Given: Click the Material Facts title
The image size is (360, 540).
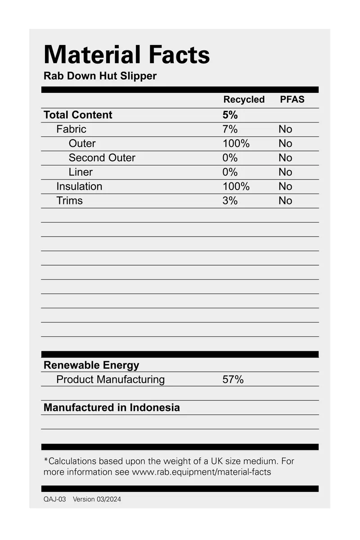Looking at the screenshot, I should tap(126, 55).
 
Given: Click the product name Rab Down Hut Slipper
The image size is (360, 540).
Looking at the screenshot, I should tap(100, 76).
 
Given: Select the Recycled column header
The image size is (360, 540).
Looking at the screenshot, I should tap(244, 100).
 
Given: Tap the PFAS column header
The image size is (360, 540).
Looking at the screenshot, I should tap(292, 100).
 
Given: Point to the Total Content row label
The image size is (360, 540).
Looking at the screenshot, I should tap(78, 115).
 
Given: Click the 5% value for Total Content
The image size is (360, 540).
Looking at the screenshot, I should tap(230, 115).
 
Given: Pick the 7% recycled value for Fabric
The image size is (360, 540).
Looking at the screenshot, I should tap(230, 129).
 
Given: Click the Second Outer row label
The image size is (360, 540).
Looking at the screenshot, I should tap(102, 158).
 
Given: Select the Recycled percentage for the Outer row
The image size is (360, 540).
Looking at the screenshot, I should tap(236, 144).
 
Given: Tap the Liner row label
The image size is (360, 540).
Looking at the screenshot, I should tap(81, 172).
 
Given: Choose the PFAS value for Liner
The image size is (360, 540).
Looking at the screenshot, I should tap(285, 172).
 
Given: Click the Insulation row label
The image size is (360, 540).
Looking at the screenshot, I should tap(79, 186).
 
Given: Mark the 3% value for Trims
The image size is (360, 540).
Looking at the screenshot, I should tap(230, 201).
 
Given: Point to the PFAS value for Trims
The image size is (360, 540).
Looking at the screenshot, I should tap(285, 201).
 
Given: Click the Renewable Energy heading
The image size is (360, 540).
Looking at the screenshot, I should tap(91, 365).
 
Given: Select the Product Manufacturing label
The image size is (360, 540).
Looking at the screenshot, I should tap(110, 380).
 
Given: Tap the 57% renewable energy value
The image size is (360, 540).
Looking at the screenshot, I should tap(233, 380).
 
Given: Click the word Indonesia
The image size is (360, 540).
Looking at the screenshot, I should tap(155, 408).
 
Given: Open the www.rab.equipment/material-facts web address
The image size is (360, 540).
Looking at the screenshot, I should tap(201, 472).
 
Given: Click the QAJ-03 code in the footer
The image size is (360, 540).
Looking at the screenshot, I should tap(54, 499).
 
